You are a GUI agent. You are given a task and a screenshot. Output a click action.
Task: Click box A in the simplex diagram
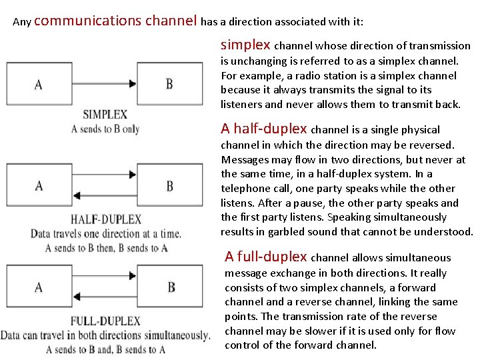tap(38, 85)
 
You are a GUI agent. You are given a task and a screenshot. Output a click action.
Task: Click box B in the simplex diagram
tap(169, 85)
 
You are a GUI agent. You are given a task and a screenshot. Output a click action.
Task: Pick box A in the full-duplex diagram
tap(38, 287)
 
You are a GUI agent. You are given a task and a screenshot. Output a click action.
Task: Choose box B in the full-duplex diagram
tap(171, 287)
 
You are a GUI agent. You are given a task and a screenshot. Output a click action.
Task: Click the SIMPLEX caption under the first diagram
tap(106, 114)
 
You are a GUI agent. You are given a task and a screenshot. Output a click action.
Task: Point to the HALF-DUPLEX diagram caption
tap(106, 219)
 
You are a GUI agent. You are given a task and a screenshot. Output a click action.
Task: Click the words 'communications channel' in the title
tap(115, 21)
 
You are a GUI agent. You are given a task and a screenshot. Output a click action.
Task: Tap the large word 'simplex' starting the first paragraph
tap(245, 45)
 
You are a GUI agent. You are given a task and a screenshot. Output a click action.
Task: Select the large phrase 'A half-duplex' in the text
tap(264, 129)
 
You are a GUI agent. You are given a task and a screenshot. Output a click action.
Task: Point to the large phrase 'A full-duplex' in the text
tap(266, 257)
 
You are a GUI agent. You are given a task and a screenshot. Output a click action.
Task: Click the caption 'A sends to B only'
tap(105, 129)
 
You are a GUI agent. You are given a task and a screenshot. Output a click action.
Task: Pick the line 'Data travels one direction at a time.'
tap(105, 234)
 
